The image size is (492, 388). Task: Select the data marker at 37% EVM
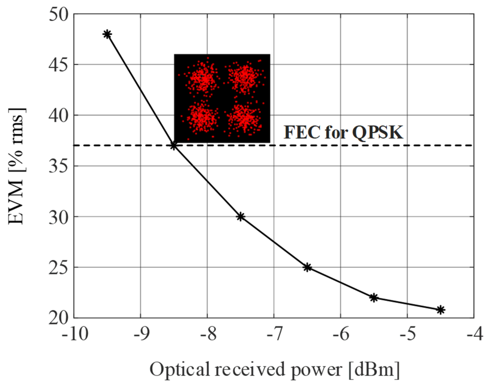tap(174, 146)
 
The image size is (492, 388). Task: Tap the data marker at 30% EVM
tap(240, 217)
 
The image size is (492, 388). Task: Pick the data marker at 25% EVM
tap(307, 267)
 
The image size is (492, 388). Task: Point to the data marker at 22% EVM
tap(374, 298)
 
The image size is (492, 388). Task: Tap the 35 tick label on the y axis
tap(58, 166)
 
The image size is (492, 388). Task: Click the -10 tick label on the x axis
tap(74, 335)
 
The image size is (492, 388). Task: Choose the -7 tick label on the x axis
tap(274, 335)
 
